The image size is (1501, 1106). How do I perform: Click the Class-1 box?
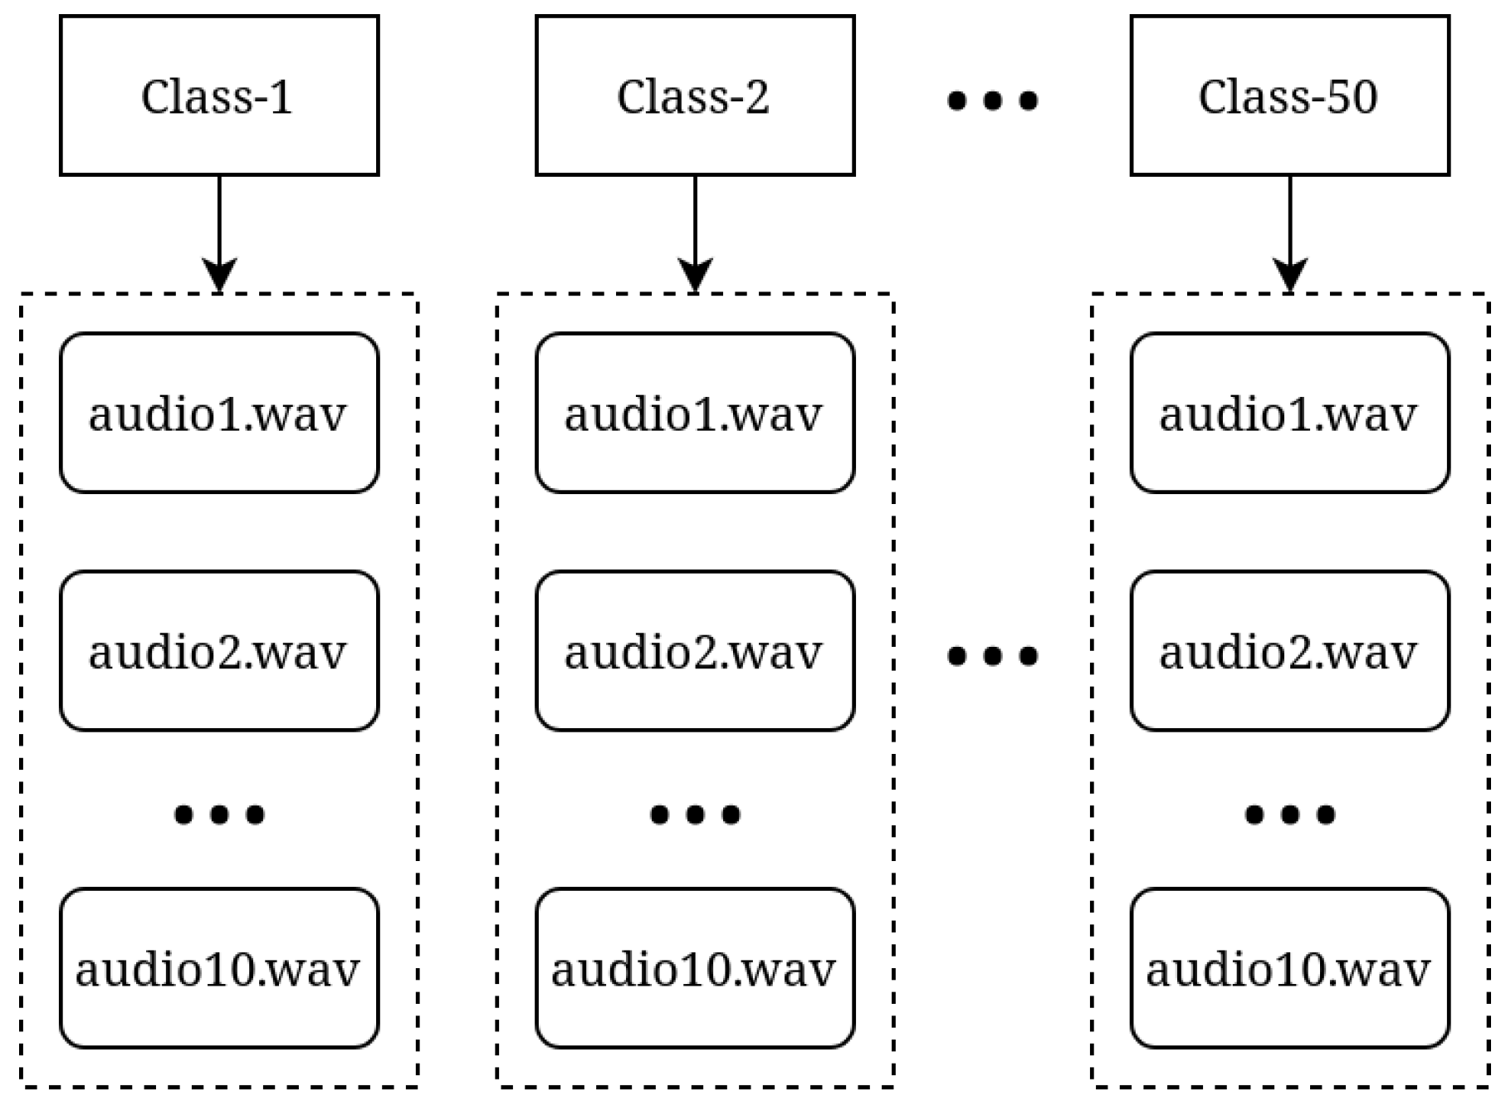click(x=219, y=95)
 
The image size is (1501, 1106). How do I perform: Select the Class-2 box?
click(x=695, y=95)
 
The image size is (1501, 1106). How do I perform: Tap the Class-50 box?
click(x=1289, y=95)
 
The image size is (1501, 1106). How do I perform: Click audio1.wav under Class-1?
click(x=219, y=413)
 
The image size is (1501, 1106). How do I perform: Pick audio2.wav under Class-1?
click(x=219, y=650)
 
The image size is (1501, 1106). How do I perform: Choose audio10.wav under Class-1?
click(x=219, y=967)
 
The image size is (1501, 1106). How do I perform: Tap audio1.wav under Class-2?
click(x=695, y=413)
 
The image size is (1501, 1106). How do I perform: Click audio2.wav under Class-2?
click(x=695, y=650)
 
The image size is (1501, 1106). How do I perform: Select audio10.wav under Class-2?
click(x=695, y=967)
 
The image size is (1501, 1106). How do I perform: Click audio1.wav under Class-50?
click(x=1289, y=413)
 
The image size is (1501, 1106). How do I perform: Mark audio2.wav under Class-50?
click(x=1289, y=650)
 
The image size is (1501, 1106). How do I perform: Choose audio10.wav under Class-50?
click(x=1289, y=967)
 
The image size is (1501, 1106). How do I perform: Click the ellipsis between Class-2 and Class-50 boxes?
click(x=992, y=100)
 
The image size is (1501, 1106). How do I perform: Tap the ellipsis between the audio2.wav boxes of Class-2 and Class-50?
click(x=992, y=656)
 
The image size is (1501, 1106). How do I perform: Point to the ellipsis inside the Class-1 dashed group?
click(x=219, y=815)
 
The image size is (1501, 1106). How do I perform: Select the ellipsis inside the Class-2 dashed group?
click(x=695, y=815)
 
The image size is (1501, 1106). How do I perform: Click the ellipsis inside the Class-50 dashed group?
click(x=1289, y=815)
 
